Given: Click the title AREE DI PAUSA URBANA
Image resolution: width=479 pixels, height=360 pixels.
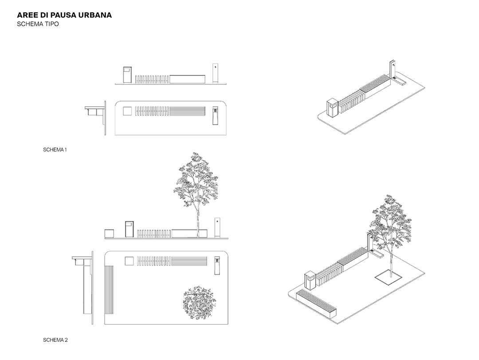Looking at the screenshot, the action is click(64, 15).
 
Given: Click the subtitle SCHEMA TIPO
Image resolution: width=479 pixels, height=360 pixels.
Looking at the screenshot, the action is click(38, 24).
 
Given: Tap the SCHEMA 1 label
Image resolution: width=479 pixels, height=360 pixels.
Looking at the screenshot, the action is click(55, 150).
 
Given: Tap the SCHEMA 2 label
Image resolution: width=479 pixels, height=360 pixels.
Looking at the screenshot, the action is click(55, 340).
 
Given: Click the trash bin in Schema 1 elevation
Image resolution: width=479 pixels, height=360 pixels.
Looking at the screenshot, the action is click(127, 75).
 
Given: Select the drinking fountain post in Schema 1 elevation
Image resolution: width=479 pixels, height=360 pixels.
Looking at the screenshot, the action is click(216, 73).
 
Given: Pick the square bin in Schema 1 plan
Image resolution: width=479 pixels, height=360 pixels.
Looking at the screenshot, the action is click(127, 111).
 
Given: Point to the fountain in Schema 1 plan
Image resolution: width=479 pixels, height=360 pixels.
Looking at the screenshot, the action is click(216, 115).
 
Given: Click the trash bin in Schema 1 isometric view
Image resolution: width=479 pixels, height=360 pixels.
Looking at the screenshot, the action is click(333, 107).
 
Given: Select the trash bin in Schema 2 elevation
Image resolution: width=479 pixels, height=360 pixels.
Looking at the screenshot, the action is click(130, 229).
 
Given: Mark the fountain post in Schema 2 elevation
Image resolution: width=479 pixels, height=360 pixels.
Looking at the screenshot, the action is click(217, 228).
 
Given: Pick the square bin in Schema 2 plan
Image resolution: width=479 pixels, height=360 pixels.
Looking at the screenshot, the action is click(130, 261).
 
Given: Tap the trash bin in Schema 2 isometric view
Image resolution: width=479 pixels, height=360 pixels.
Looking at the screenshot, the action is click(310, 281).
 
